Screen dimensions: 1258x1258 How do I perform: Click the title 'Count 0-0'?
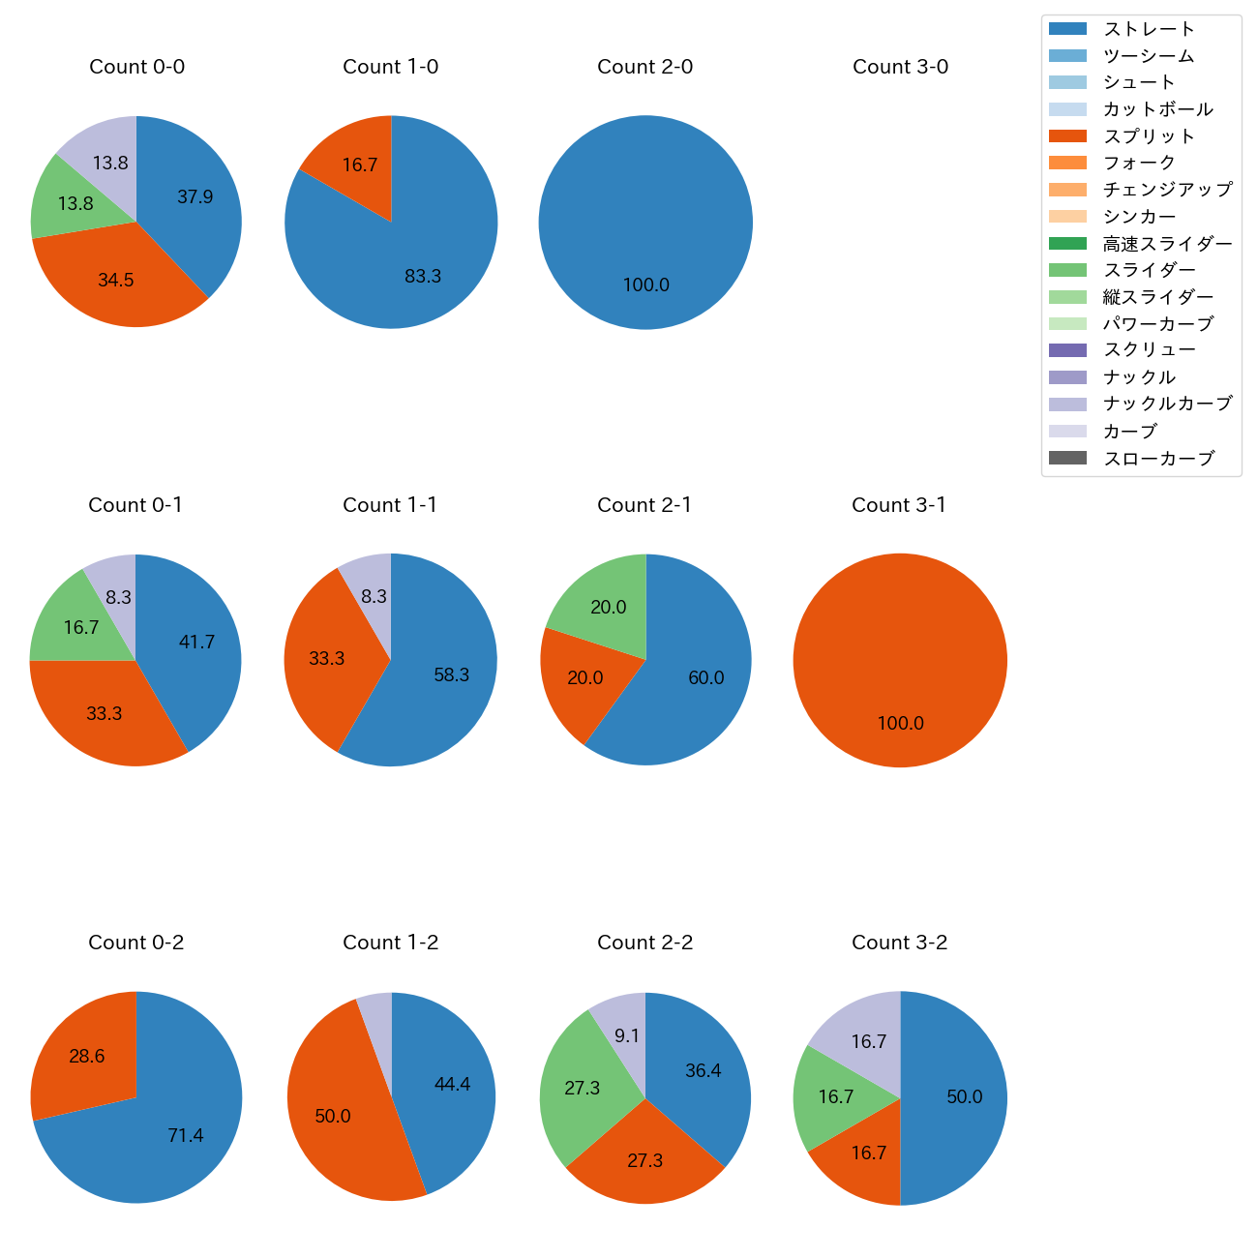136,67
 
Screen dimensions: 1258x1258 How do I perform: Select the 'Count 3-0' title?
900,67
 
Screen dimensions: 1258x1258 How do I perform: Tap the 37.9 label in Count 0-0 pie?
195,197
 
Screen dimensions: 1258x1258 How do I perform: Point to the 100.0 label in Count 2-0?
645,285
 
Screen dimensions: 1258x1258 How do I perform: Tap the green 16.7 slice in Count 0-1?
81,628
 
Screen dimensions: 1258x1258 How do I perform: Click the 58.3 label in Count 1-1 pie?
451,675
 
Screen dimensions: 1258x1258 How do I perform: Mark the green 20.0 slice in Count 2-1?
609,608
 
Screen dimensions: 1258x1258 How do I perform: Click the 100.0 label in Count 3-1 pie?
900,724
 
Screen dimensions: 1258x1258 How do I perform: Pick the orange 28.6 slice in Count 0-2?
87,1057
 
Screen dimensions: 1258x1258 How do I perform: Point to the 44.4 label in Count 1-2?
452,1085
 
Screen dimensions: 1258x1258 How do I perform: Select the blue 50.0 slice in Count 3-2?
964,1097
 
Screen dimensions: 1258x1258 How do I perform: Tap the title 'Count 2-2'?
645,943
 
